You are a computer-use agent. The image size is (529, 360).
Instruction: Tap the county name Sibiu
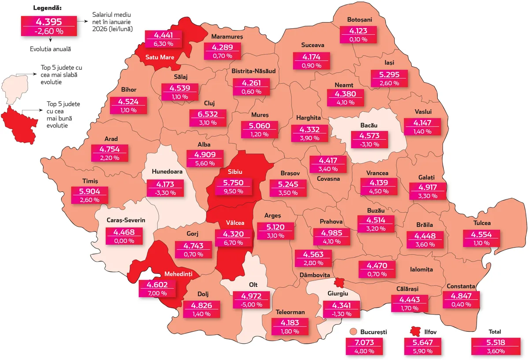point(235,172)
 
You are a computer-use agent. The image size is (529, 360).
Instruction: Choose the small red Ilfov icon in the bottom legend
point(414,332)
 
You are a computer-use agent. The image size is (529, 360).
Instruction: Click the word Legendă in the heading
point(49,8)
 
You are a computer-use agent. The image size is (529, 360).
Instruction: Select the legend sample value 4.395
point(48,22)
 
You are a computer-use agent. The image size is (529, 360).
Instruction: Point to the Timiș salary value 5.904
point(90,191)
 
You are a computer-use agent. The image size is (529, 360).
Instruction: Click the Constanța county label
point(460,286)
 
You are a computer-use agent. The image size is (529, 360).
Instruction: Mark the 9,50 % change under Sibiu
point(234,191)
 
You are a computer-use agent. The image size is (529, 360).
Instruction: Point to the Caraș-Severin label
point(126,220)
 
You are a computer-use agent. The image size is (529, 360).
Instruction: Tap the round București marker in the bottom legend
point(353,332)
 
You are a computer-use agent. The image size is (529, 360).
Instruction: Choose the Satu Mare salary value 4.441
point(164,35)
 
